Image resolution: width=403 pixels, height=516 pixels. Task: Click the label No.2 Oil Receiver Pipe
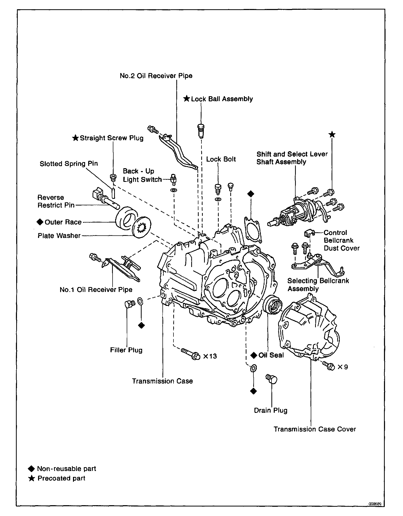[x=156, y=76]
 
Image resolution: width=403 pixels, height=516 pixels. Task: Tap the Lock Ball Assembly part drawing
[x=201, y=131]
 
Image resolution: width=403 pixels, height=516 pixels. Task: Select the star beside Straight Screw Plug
[x=75, y=138]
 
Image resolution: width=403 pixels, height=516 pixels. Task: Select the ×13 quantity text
[x=210, y=356]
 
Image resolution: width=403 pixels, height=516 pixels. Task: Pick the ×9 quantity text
[x=343, y=367]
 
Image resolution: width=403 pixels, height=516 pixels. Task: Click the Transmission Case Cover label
[x=315, y=429]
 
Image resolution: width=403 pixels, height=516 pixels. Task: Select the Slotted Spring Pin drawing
[x=113, y=193]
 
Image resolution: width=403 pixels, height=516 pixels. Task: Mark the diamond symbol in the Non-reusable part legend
[x=31, y=469]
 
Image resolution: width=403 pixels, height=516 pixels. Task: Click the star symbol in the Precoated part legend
[x=31, y=478]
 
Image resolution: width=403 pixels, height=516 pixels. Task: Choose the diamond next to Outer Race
[x=40, y=222]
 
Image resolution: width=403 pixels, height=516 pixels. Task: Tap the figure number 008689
[x=375, y=504]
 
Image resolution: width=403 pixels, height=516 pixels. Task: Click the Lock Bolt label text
[x=221, y=159]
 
